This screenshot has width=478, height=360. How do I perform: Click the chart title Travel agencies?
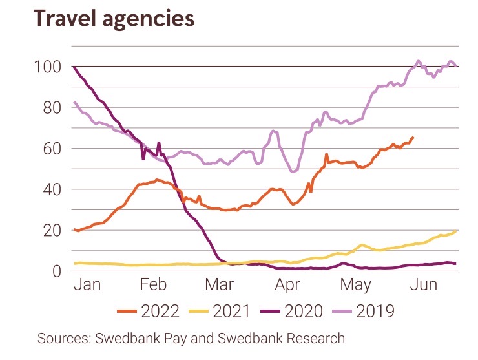pyautogui.click(x=114, y=19)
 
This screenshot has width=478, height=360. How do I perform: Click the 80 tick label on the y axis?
pyautogui.click(x=48, y=108)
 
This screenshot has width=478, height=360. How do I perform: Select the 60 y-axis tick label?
pyautogui.click(x=48, y=149)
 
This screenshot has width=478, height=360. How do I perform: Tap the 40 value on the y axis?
pyautogui.click(x=48, y=189)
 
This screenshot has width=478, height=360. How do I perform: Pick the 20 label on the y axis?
pyautogui.click(x=48, y=230)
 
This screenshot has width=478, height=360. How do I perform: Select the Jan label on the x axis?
pyautogui.click(x=87, y=285)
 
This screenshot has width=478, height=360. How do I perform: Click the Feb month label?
pyautogui.click(x=154, y=285)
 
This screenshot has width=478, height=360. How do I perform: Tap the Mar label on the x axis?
pyautogui.click(x=220, y=285)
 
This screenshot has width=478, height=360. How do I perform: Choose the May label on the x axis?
pyautogui.click(x=355, y=285)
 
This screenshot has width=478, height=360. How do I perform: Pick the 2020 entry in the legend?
pyautogui.click(x=302, y=312)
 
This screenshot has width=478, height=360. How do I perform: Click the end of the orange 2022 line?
pyautogui.click(x=413, y=138)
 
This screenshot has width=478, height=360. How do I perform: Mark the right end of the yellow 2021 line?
pyautogui.click(x=456, y=231)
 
